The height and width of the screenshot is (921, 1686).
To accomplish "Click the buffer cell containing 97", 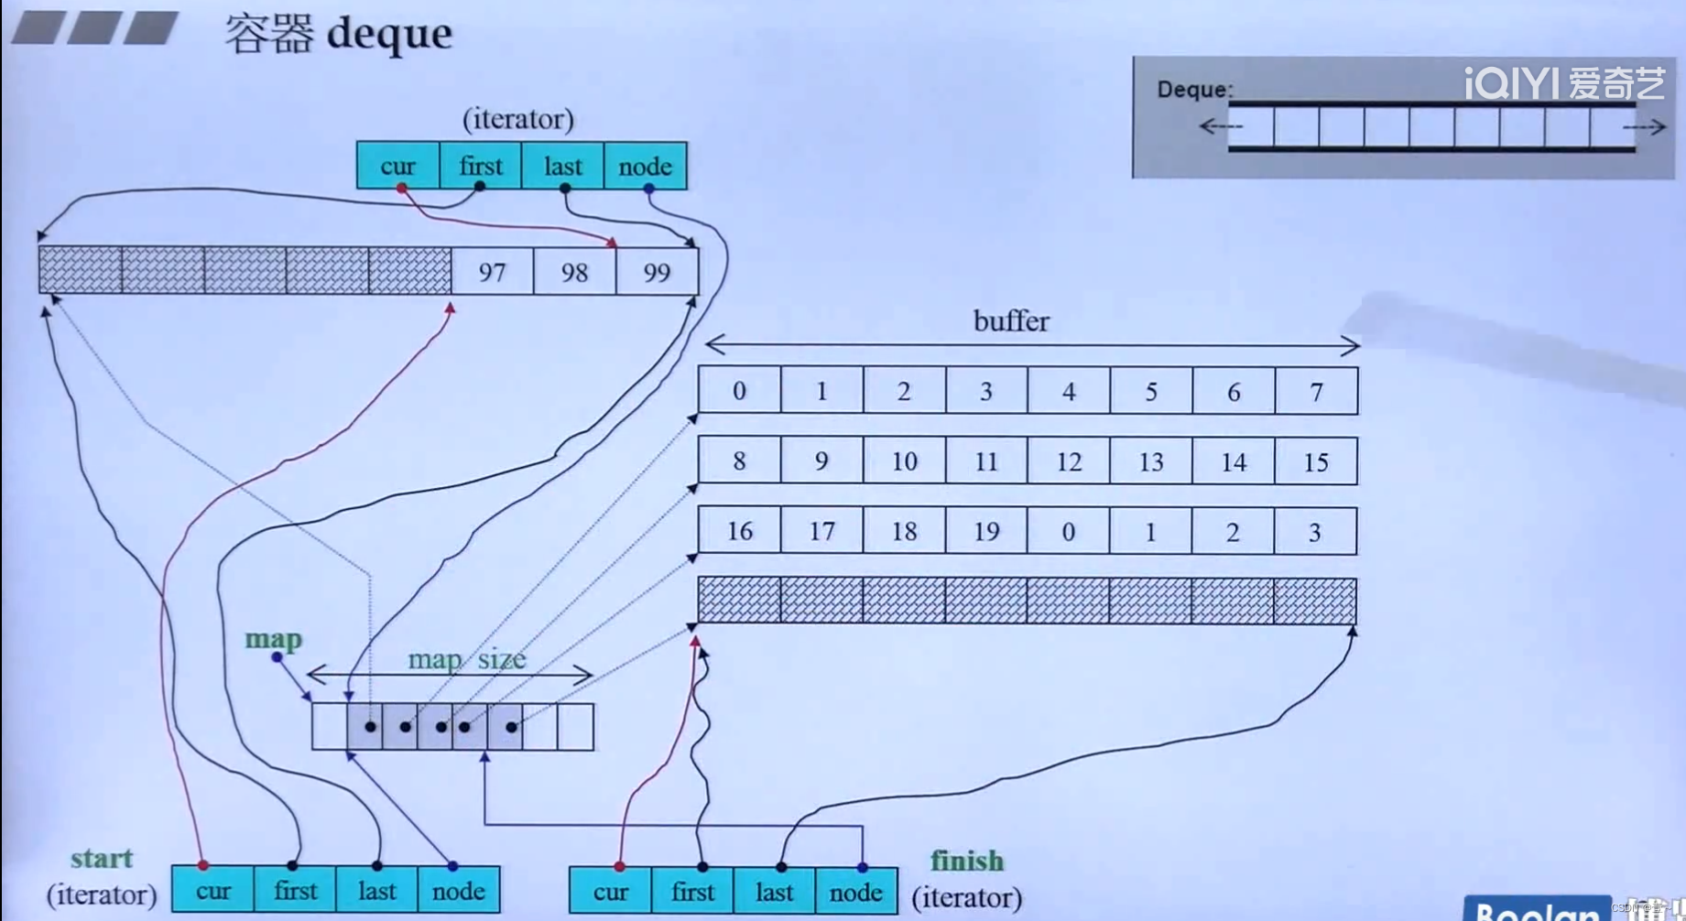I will [492, 272].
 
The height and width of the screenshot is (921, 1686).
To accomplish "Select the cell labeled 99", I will [657, 272].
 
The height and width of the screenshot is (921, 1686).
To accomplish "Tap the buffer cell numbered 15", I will [1315, 461].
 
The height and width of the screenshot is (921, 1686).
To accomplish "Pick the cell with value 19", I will [986, 531].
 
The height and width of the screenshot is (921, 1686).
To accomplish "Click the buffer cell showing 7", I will [1316, 392].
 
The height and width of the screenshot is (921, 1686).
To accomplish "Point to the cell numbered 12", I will [1069, 461].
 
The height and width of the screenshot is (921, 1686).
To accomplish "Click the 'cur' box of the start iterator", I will [213, 891].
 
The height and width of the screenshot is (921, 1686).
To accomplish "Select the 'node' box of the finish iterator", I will [855, 892].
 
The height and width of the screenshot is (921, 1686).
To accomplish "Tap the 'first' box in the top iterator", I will [481, 166].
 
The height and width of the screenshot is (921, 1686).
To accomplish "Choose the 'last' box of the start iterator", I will [376, 891].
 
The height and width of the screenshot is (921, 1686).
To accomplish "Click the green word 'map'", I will [273, 639].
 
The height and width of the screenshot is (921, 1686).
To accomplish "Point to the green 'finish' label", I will [967, 861].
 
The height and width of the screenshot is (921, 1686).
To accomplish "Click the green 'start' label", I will [102, 859].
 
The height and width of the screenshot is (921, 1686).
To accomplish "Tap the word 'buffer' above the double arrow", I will [1011, 321].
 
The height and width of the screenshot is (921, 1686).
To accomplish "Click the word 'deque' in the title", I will [389, 33].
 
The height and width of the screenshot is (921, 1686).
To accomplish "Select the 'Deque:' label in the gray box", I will [1194, 89].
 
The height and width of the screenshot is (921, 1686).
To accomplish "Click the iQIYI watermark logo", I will [1564, 83].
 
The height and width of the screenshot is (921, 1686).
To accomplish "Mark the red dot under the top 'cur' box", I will [401, 189].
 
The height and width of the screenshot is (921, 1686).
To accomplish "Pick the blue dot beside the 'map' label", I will [277, 657].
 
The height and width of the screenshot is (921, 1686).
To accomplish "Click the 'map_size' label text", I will [466, 659].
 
